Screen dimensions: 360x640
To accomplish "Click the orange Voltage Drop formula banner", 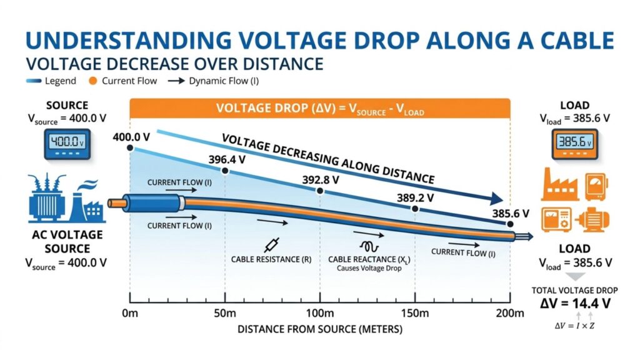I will (x=319, y=107).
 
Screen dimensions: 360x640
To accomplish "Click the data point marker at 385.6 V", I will (x=511, y=224).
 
